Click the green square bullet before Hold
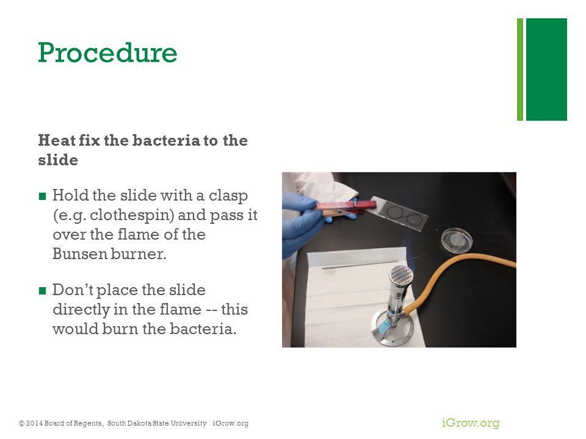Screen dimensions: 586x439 (42, 196)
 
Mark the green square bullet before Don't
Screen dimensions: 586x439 (42, 290)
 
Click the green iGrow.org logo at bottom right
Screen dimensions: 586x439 (471, 423)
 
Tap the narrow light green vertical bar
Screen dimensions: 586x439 (520, 70)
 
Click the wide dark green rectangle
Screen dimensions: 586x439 (546, 70)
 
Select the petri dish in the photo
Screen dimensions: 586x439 (457, 240)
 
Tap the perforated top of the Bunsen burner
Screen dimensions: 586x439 (402, 275)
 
